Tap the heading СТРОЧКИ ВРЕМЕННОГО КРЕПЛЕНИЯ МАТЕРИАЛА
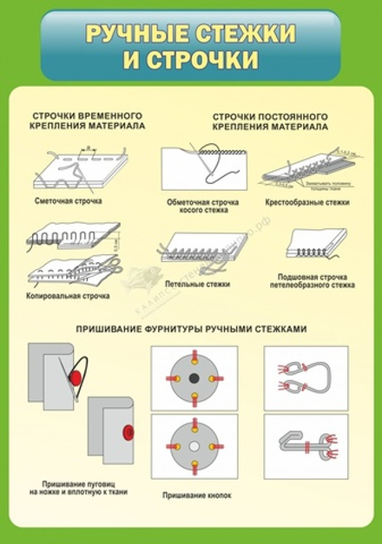87,121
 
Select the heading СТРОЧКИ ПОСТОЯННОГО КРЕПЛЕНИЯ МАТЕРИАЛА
269,121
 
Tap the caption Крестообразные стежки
306,203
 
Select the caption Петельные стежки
198,283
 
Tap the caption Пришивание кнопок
193,495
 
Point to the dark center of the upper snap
193,377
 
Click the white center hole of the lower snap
193,446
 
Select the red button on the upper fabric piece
76,377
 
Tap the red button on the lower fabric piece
129,431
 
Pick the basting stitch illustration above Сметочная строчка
80,169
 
